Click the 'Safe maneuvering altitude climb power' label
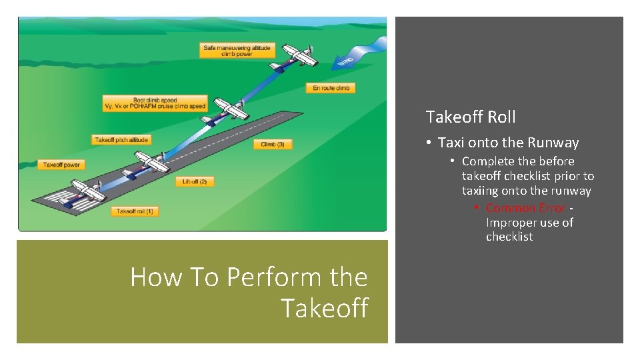[x=237, y=51]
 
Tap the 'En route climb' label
[x=331, y=88]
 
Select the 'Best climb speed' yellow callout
[x=155, y=103]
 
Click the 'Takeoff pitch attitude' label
[x=121, y=140]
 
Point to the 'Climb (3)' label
[x=273, y=145]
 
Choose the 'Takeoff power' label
[x=61, y=165]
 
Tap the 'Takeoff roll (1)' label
[x=135, y=211]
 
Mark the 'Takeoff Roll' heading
[x=471, y=117]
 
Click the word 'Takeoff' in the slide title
[x=325, y=308]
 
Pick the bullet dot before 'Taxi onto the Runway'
[x=431, y=143]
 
